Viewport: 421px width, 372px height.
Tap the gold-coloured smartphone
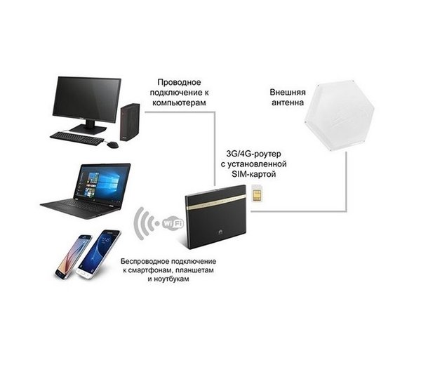pyautogui.click(x=69, y=257)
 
